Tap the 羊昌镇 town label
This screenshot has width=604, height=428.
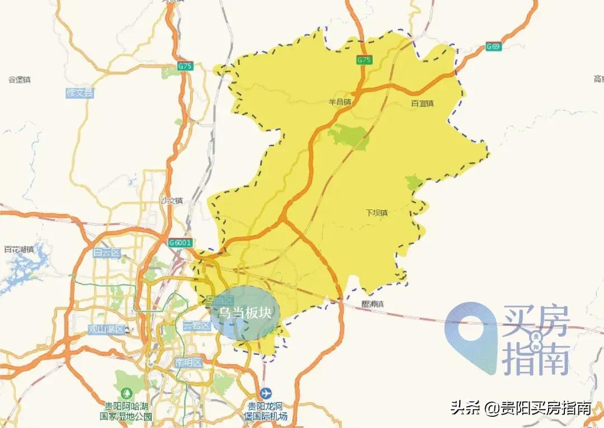(x=339, y=103)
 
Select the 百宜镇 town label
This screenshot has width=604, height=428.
(x=423, y=103)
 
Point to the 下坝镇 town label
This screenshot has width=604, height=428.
(x=377, y=213)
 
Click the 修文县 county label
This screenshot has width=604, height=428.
(x=80, y=93)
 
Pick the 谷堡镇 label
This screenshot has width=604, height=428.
(x=20, y=80)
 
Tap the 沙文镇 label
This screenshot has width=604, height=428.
(x=171, y=201)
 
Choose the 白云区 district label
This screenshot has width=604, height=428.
(x=107, y=253)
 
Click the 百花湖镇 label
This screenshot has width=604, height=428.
(x=19, y=249)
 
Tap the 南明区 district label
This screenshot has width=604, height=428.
(x=188, y=362)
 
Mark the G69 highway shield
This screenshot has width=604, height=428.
(x=493, y=46)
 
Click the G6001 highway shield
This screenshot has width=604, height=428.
(x=180, y=242)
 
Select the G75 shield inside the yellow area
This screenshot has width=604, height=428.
(x=364, y=60)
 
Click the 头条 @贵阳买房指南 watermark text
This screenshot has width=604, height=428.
(x=521, y=408)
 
